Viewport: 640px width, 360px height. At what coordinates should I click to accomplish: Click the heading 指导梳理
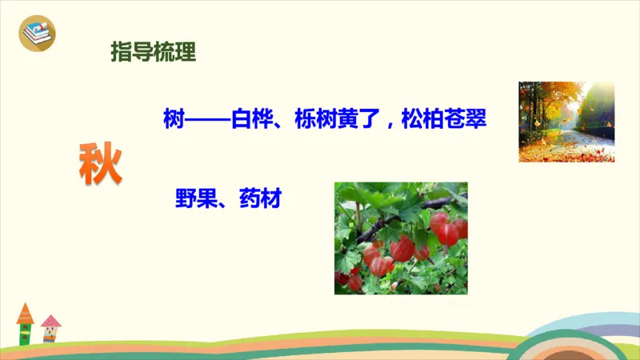pyautogui.click(x=153, y=54)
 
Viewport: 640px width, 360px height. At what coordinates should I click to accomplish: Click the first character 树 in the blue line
pyautogui.click(x=172, y=122)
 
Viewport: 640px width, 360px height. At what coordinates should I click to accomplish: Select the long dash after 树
pyautogui.click(x=206, y=122)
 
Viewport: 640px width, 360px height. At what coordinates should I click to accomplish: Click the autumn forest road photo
pyautogui.click(x=566, y=122)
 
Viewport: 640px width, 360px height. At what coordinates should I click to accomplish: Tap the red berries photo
pyautogui.click(x=400, y=238)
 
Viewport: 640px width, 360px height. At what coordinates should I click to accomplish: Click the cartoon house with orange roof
pyautogui.click(x=26, y=324)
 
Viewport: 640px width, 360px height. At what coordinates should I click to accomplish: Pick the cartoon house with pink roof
pyautogui.click(x=50, y=329)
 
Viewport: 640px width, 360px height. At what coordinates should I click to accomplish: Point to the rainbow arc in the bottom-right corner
pyautogui.click(x=592, y=336)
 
